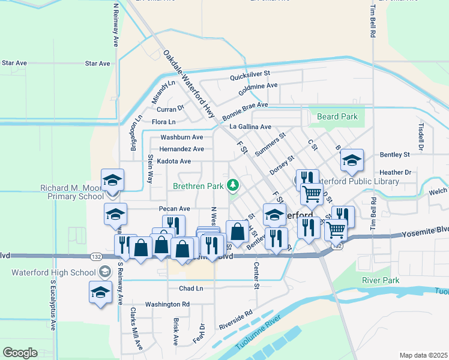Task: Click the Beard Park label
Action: (337, 116)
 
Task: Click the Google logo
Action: (20, 353)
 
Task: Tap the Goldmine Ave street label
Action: (258, 89)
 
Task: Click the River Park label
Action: (381, 280)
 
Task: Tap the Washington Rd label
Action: (167, 304)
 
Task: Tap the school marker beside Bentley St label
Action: (352, 160)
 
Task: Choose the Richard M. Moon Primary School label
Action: (72, 191)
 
